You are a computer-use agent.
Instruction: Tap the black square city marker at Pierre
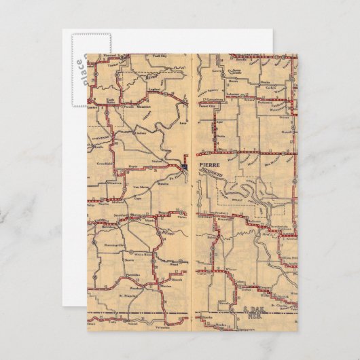click(185, 166)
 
